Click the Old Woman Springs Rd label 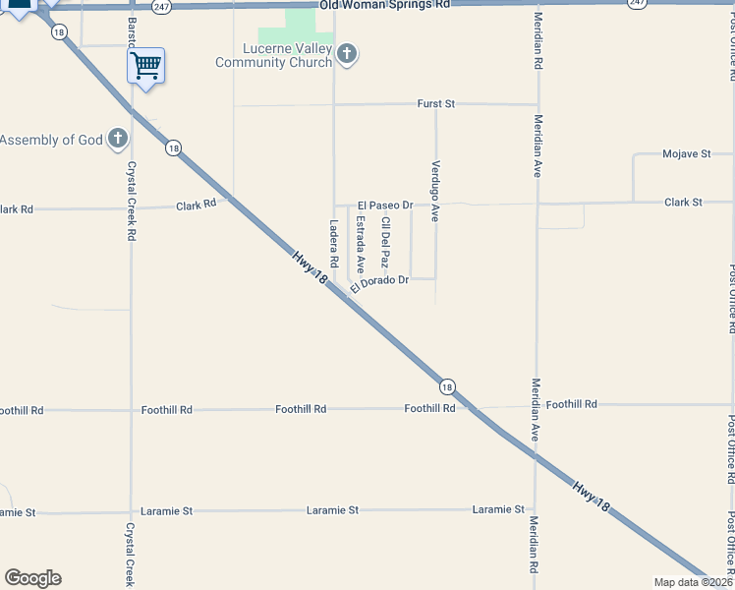[385, 5]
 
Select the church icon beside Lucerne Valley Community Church [346, 54]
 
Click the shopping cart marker [145, 66]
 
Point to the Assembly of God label [51, 140]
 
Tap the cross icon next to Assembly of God [118, 139]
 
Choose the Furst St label [436, 102]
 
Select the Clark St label [684, 202]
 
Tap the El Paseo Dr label [384, 205]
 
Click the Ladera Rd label [334, 244]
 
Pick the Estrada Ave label [361, 244]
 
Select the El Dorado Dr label [378, 282]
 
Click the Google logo [32, 578]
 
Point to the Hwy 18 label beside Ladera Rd [309, 267]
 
